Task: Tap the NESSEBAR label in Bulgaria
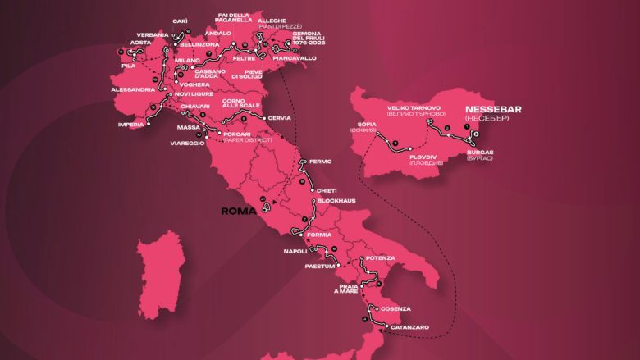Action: coord(492,109)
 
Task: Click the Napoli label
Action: coord(293,252)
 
